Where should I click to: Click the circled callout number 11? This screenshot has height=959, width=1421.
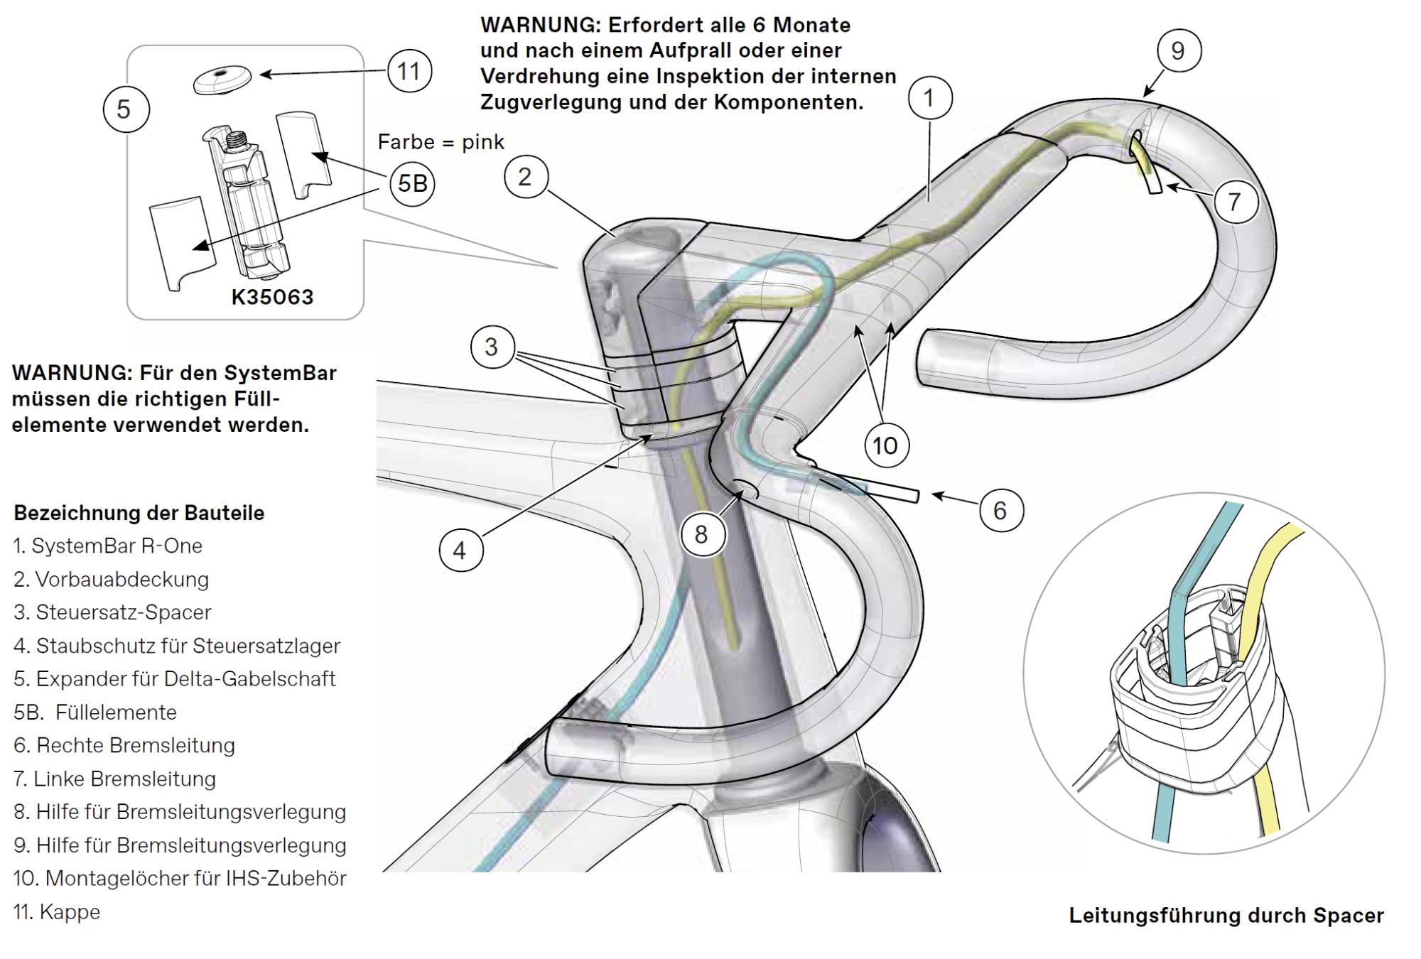coord(409,71)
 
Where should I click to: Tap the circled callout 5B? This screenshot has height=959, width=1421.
coord(412,183)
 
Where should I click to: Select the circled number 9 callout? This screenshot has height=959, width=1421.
coord(1178,50)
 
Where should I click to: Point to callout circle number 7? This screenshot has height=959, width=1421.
coord(1235,202)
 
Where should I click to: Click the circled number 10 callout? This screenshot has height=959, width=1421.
coord(885,445)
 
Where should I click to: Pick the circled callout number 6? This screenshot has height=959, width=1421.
coord(1000,510)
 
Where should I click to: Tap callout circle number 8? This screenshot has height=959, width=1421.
coord(701,534)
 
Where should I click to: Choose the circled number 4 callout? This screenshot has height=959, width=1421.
coord(460,551)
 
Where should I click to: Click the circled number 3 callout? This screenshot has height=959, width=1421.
coord(492,347)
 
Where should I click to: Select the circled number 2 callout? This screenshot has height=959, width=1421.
coord(526,177)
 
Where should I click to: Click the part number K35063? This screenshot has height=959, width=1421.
coord(272,297)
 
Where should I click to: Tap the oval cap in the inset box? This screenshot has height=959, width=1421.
coord(222,80)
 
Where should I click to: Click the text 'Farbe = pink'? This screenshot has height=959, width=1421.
coord(441,142)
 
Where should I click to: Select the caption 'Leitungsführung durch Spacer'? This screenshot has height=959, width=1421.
coord(1226,916)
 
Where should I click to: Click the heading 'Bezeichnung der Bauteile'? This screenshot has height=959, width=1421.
coord(139,513)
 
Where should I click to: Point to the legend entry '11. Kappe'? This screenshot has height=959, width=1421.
coord(57,911)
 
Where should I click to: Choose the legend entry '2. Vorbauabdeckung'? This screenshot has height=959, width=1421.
coord(112,580)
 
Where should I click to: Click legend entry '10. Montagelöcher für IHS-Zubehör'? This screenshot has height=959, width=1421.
coord(180,879)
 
